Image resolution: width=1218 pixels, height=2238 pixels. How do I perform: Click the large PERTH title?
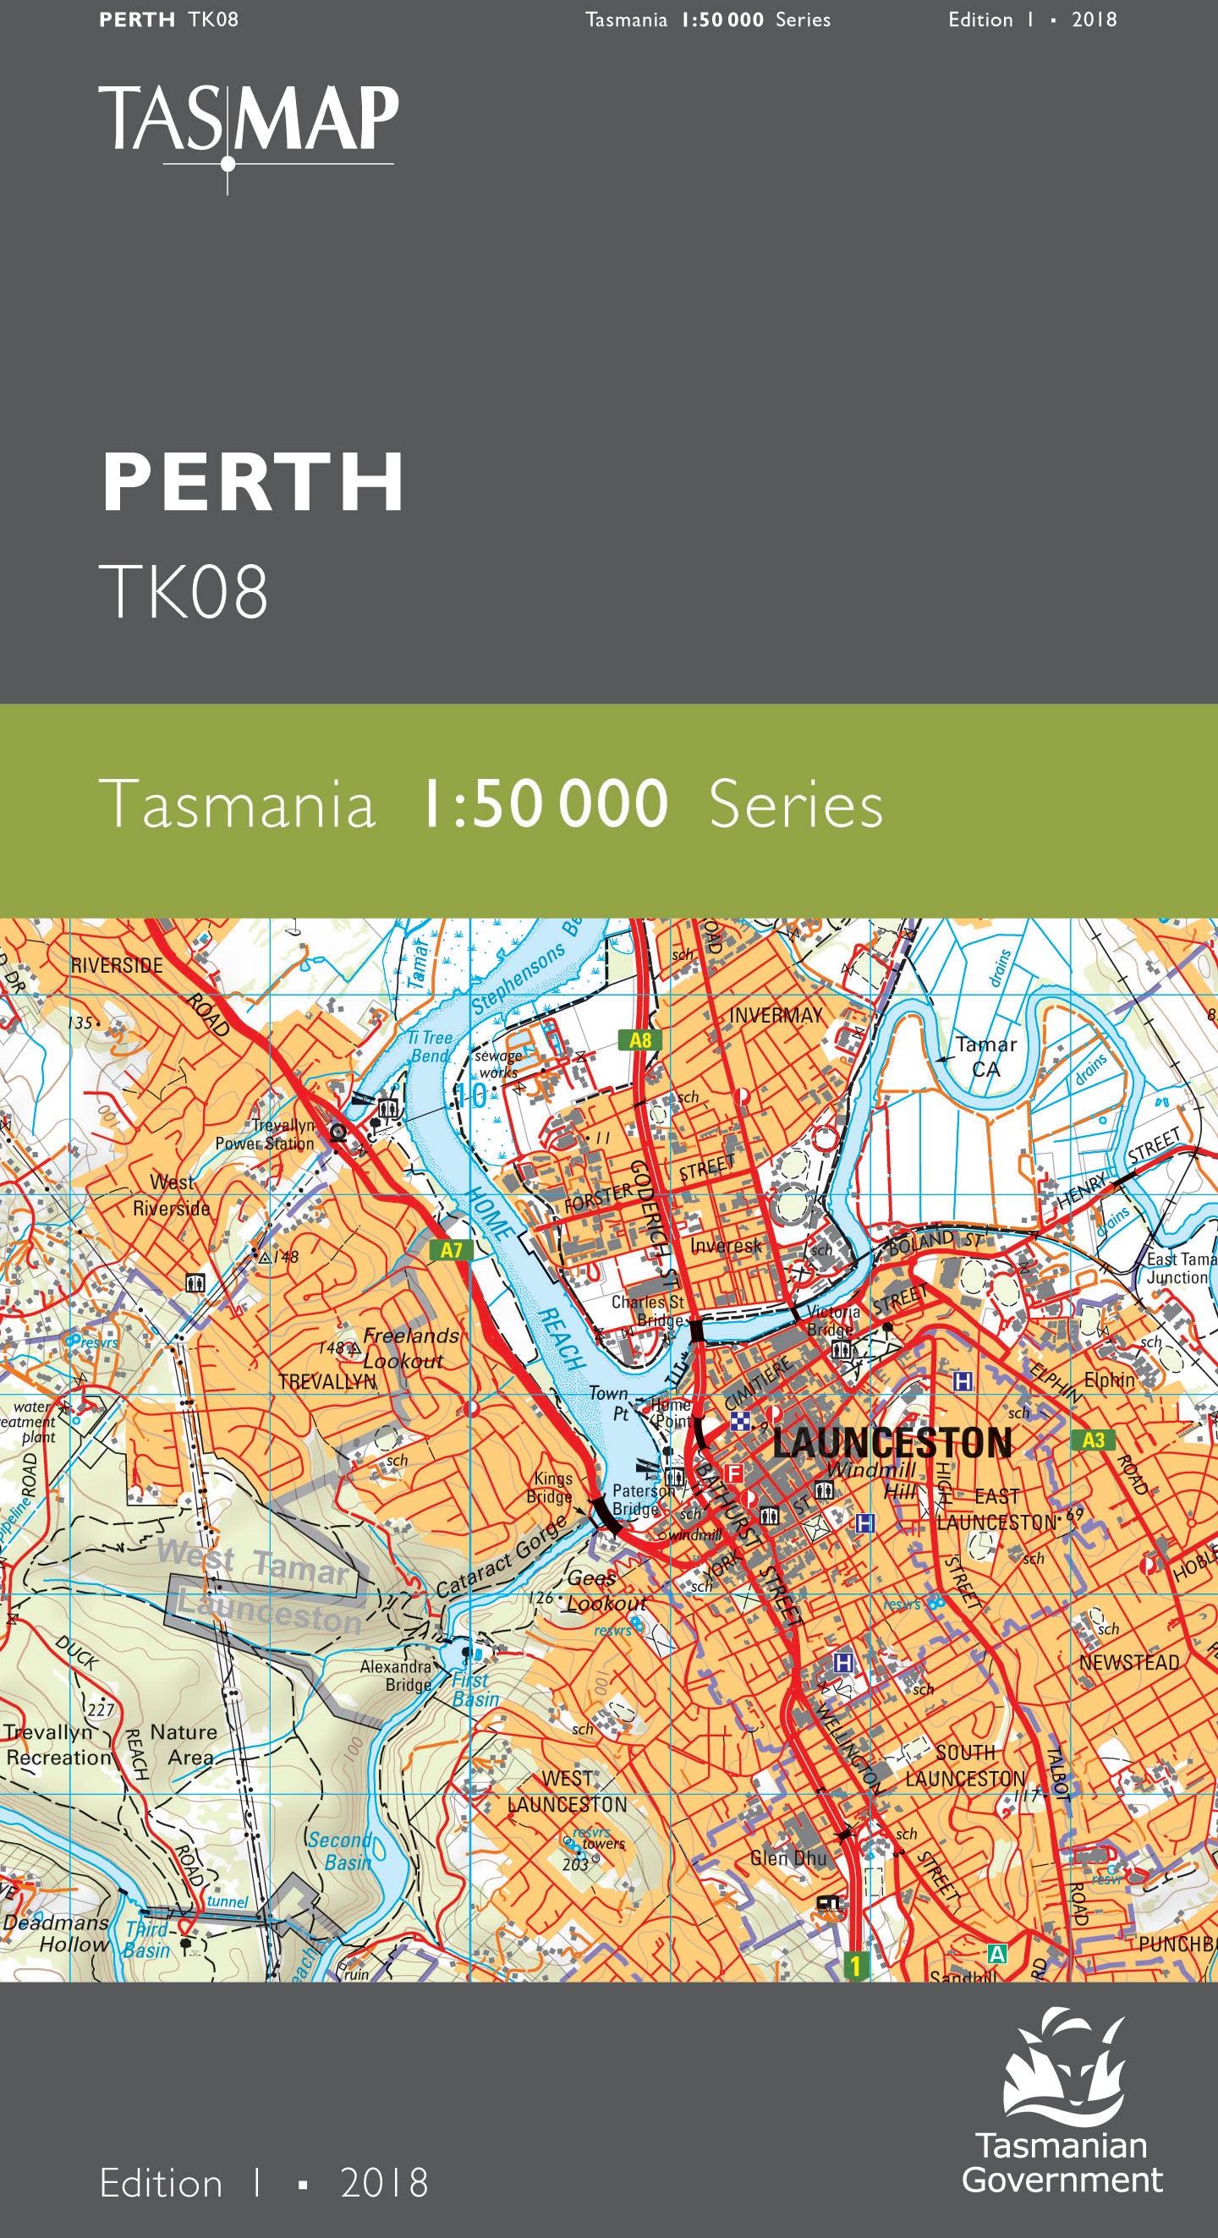click(x=253, y=483)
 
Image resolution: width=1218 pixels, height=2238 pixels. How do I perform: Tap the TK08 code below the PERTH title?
click(x=184, y=592)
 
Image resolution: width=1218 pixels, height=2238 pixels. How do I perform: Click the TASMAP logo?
click(x=249, y=122)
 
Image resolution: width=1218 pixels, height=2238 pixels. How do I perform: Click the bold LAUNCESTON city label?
click(x=892, y=1442)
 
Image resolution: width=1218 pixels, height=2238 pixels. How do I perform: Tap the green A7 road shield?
click(x=452, y=1250)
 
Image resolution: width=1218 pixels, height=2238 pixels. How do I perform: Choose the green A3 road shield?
click(x=1094, y=1440)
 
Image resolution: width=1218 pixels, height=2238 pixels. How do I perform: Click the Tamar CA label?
click(x=986, y=1056)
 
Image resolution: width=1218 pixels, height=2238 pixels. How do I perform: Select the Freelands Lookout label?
click(x=409, y=1347)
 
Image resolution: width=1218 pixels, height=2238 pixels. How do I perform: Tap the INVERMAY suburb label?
click(x=776, y=1015)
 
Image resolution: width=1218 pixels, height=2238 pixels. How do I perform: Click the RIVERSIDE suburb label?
click(x=117, y=965)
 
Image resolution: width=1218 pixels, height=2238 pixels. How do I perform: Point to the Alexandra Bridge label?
click(x=396, y=1675)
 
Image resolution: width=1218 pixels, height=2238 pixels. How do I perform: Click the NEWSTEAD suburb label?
click(x=1128, y=1663)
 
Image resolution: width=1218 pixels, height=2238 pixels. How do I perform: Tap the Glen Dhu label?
click(x=789, y=1858)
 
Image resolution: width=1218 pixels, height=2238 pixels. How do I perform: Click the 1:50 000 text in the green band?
click(x=544, y=804)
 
